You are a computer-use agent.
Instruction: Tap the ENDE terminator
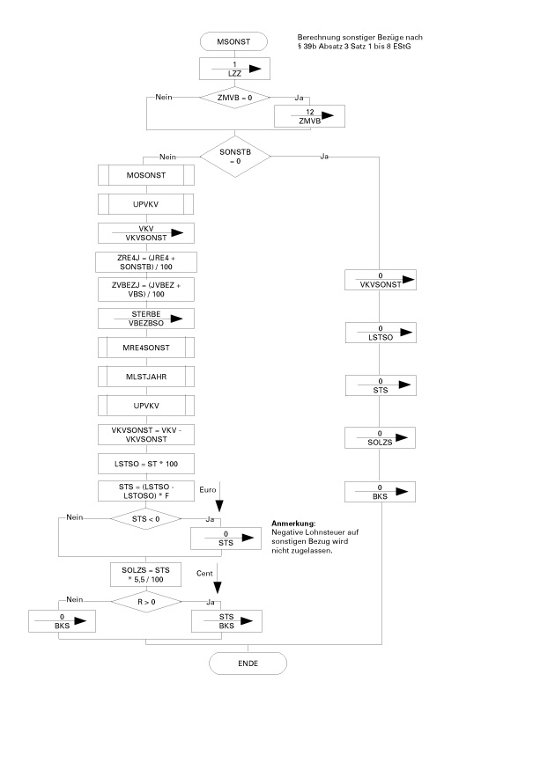[248, 663]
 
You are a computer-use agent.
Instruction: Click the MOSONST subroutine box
[144, 174]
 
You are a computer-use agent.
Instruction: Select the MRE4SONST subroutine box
[144, 348]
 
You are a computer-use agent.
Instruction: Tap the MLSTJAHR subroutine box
[144, 377]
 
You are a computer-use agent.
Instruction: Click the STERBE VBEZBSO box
[144, 319]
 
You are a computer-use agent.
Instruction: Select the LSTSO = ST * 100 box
[144, 463]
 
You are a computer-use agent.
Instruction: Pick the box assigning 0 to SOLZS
[380, 437]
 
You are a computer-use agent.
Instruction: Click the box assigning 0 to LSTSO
[380, 333]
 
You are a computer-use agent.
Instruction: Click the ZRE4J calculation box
[144, 261]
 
